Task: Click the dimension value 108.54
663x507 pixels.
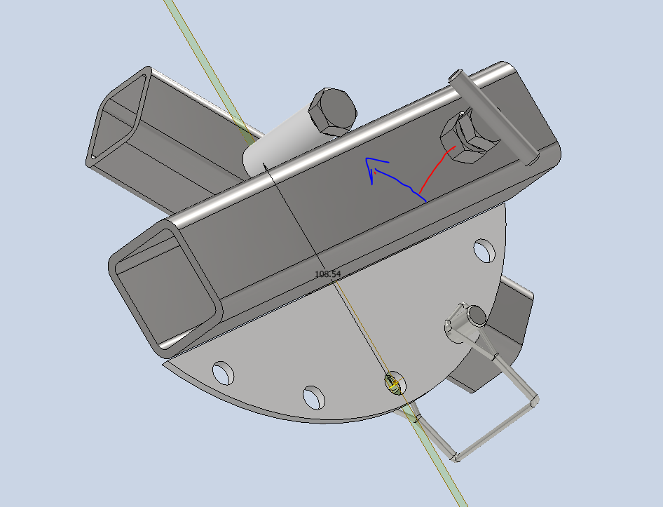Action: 328,273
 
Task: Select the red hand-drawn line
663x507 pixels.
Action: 437,168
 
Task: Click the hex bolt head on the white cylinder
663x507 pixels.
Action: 331,111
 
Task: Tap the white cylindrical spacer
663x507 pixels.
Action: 280,149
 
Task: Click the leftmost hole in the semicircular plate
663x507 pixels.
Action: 224,373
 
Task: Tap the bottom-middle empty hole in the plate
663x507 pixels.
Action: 313,397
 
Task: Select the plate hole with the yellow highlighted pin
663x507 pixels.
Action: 392,382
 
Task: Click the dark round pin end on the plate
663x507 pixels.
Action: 477,315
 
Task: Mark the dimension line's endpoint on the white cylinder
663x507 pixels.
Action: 264,164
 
